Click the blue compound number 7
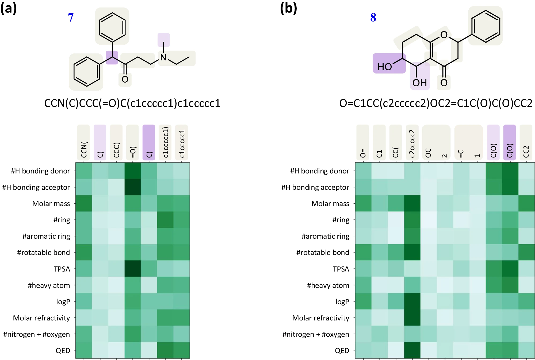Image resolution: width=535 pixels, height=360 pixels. [x=71, y=18]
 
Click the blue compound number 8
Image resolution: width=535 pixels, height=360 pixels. [x=373, y=18]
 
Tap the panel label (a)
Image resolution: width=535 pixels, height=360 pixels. [x=8, y=8]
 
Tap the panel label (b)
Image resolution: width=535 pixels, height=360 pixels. [x=288, y=8]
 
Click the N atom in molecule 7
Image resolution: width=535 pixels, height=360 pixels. [x=163, y=57]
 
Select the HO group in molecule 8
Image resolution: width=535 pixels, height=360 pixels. [x=384, y=67]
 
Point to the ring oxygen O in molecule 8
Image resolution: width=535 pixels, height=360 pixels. [x=444, y=35]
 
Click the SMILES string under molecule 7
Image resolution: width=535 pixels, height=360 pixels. [x=132, y=103]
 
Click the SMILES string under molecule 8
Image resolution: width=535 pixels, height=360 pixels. [x=436, y=103]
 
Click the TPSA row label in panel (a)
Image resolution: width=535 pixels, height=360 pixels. [x=62, y=269]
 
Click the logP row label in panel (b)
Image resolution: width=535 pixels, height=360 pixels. [x=342, y=301]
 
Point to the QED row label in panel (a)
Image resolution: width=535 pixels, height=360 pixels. [x=63, y=350]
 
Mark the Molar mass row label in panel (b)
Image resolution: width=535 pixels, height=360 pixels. [x=330, y=204]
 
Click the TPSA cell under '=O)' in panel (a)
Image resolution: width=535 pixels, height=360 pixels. [x=133, y=269]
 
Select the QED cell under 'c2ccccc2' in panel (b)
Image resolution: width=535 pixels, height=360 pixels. [x=412, y=350]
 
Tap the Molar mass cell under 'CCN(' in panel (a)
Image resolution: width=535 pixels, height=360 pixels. [x=84, y=203]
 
